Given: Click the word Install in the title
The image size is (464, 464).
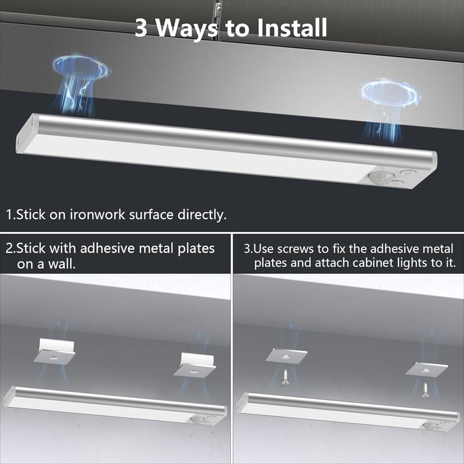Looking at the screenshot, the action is click(x=292, y=27).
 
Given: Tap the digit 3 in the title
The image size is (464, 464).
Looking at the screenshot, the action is click(x=141, y=28).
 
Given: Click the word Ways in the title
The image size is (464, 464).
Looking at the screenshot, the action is click(x=186, y=28).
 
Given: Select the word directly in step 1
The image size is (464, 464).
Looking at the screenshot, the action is click(x=202, y=215).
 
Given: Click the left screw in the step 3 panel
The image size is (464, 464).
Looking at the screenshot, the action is click(x=285, y=377).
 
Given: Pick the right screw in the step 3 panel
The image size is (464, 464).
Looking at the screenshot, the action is click(x=425, y=389).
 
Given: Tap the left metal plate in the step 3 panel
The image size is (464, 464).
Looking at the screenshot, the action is click(x=286, y=355).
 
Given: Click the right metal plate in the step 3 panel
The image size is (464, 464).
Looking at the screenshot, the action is click(x=426, y=369).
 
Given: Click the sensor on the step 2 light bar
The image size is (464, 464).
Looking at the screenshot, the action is click(x=196, y=419).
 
